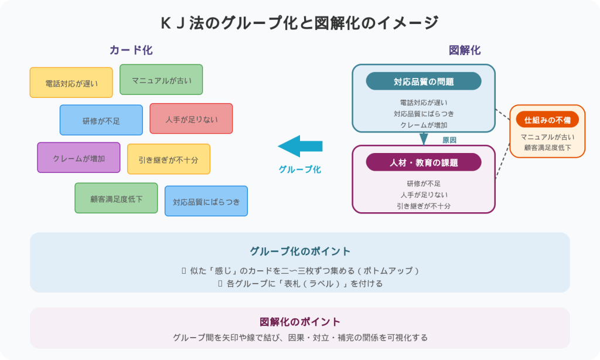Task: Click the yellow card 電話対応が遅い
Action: [71, 83]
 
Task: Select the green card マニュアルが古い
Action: [161, 80]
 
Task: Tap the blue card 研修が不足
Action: [101, 120]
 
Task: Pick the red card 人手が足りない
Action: [191, 118]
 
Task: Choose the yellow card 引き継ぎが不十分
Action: [168, 159]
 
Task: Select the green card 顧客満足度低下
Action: [116, 198]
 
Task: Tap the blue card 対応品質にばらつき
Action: [206, 201]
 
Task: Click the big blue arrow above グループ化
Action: [300, 146]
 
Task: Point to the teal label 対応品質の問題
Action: [423, 81]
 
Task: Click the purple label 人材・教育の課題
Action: [423, 162]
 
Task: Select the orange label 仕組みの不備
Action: [547, 120]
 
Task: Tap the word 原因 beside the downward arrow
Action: [449, 140]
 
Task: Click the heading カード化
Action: [131, 50]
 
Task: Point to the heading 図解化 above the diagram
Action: [465, 50]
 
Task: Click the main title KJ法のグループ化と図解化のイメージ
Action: [299, 23]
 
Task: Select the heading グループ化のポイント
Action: [299, 251]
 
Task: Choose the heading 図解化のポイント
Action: [299, 322]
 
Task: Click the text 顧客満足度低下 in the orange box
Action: [547, 148]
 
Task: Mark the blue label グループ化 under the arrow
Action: [299, 169]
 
